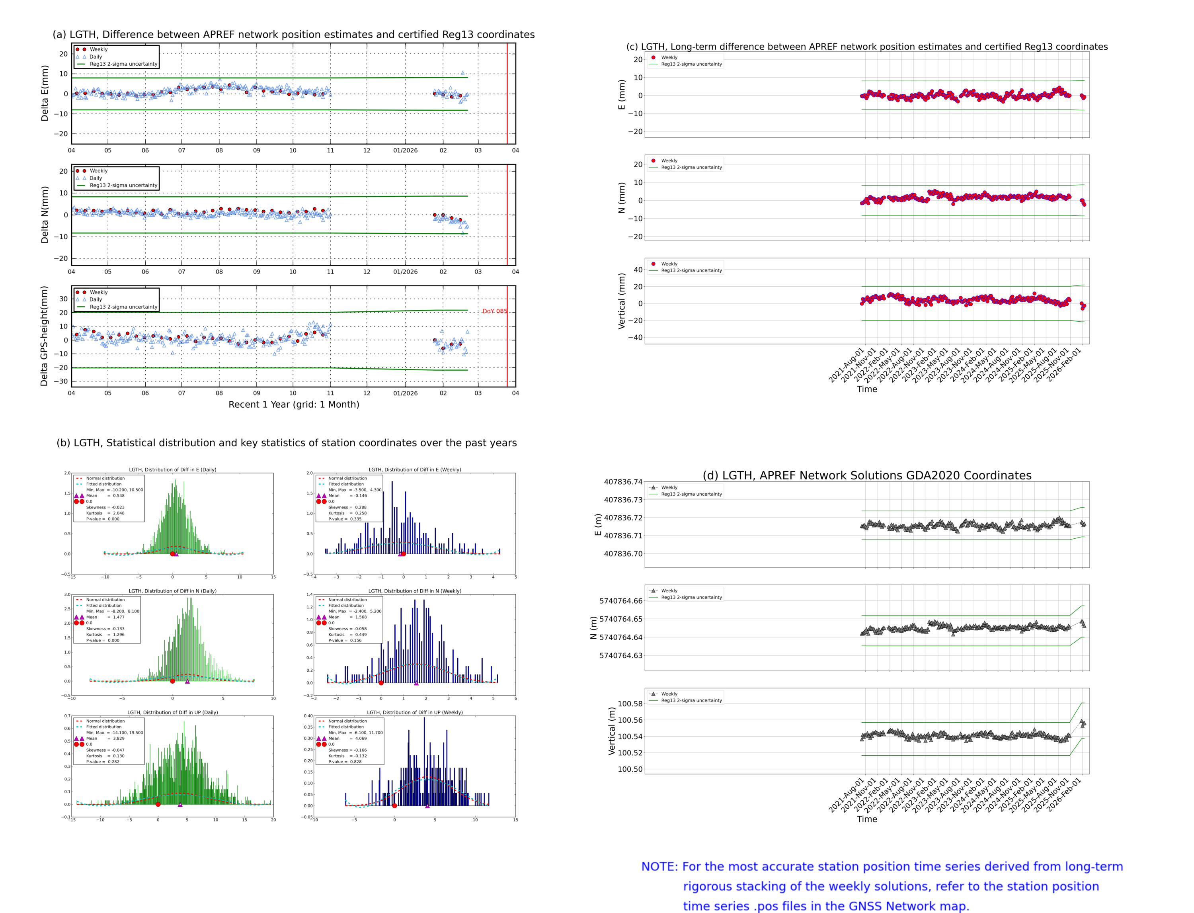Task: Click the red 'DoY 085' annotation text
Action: tap(494, 311)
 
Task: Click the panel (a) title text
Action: tap(293, 34)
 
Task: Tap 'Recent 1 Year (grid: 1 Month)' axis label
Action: tap(293, 404)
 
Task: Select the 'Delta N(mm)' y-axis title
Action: tap(45, 215)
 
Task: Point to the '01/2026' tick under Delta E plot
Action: tap(405, 151)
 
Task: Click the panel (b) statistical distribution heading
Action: tap(286, 443)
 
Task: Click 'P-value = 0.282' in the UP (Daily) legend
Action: tap(103, 762)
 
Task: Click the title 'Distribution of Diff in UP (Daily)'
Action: tap(173, 712)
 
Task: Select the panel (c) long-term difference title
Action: tap(866, 47)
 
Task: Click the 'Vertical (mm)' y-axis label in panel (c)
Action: tap(621, 301)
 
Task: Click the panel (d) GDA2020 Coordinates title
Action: tap(866, 475)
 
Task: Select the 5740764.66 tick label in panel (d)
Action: tap(620, 601)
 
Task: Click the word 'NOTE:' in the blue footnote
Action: tap(659, 867)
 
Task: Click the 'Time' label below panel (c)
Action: tap(866, 389)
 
